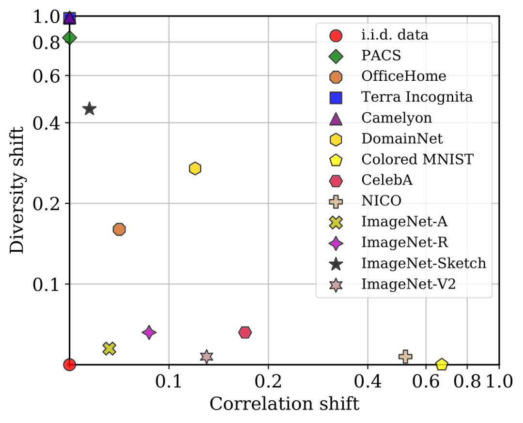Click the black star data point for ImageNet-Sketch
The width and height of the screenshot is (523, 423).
(x=89, y=109)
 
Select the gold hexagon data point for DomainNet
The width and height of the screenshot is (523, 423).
(x=195, y=168)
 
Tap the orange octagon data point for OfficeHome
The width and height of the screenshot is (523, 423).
(x=120, y=229)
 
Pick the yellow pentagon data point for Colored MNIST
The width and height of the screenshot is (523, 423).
(x=442, y=364)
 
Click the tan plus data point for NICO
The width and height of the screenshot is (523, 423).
(x=405, y=356)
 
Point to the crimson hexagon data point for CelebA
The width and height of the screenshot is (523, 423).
(x=245, y=332)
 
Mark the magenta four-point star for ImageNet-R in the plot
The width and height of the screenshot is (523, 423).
(x=149, y=332)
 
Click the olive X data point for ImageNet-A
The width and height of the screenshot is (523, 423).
(x=109, y=348)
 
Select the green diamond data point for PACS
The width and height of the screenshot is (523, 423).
(x=70, y=37)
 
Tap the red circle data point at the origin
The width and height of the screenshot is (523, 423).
(x=70, y=364)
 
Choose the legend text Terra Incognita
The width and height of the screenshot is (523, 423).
(x=416, y=97)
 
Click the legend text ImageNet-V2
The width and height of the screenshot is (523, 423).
(x=408, y=285)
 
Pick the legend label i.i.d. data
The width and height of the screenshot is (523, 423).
(x=395, y=34)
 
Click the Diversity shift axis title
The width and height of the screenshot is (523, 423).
(x=18, y=190)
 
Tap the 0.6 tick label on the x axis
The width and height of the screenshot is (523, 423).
(x=426, y=382)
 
